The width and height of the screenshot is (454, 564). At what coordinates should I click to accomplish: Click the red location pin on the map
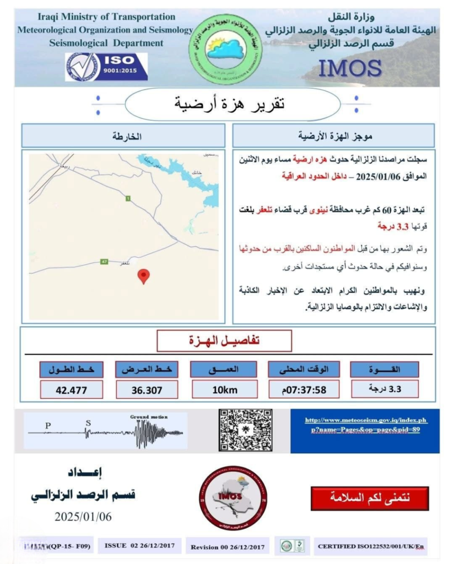(x=143, y=275)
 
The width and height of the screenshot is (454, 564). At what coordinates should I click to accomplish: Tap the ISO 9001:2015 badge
(x=106, y=67)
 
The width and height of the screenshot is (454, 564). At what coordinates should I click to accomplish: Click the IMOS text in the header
(x=350, y=69)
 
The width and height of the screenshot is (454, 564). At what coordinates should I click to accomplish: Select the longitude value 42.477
(x=71, y=390)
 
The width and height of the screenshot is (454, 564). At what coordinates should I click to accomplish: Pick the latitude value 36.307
(x=147, y=390)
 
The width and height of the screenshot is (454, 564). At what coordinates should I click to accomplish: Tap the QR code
(x=245, y=430)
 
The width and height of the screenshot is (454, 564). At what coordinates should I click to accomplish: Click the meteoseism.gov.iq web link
(x=365, y=425)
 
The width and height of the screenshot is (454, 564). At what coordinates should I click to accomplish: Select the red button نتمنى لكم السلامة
(x=370, y=498)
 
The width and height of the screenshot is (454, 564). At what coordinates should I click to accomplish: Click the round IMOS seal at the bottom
(x=233, y=498)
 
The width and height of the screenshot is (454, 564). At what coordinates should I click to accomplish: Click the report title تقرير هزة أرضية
(x=231, y=103)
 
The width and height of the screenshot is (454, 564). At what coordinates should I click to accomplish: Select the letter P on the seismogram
(x=48, y=425)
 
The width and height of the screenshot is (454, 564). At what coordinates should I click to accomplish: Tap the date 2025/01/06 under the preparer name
(x=83, y=516)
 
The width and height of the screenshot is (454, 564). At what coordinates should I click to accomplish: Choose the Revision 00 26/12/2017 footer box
(x=227, y=547)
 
